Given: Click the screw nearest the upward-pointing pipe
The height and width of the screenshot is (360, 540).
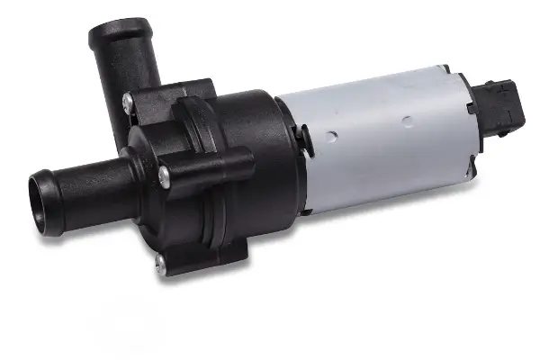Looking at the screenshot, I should (x=130, y=102).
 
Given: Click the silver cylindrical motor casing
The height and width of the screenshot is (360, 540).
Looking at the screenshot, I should (x=378, y=135).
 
